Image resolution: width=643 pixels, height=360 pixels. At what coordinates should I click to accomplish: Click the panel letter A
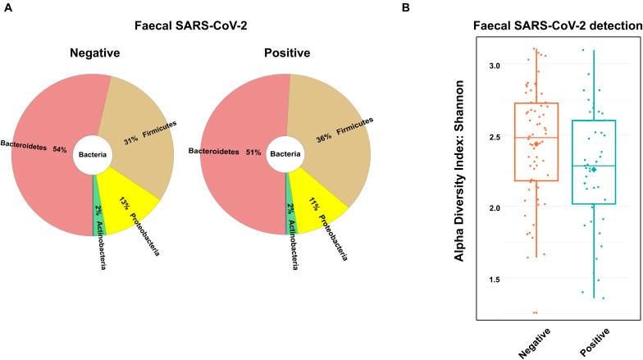pyautogui.click(x=8, y=8)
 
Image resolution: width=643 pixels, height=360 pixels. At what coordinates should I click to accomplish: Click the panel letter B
pyautogui.click(x=406, y=8)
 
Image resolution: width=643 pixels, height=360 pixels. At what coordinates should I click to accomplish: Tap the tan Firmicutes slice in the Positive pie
pyautogui.click(x=328, y=139)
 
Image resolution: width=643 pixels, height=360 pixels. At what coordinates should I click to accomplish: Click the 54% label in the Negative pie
pyautogui.click(x=59, y=149)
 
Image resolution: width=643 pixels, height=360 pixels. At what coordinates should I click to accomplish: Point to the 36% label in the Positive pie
pyautogui.click(x=324, y=139)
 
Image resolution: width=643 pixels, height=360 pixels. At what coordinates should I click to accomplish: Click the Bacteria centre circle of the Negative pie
pyautogui.click(x=93, y=154)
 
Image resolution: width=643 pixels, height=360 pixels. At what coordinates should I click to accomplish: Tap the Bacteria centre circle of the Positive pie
pyautogui.click(x=285, y=154)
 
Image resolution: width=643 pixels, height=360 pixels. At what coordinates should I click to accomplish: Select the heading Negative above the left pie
pyautogui.click(x=95, y=52)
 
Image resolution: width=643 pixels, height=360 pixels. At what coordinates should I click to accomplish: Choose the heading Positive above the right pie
pyautogui.click(x=287, y=52)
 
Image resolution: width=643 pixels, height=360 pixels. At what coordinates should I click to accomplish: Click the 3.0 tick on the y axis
pyautogui.click(x=495, y=65)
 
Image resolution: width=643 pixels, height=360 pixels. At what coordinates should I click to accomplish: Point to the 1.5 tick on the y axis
pyautogui.click(x=495, y=279)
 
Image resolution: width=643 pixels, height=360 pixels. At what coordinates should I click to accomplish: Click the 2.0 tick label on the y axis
pyautogui.click(x=495, y=207)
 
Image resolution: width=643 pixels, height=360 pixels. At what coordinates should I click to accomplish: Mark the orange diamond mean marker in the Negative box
pyautogui.click(x=536, y=144)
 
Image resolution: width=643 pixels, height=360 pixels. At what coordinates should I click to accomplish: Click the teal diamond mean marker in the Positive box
pyautogui.click(x=594, y=169)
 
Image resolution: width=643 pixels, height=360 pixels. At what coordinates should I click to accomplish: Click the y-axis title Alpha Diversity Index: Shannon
pyautogui.click(x=459, y=171)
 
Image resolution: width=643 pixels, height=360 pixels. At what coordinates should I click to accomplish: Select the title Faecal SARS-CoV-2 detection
pyautogui.click(x=558, y=26)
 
